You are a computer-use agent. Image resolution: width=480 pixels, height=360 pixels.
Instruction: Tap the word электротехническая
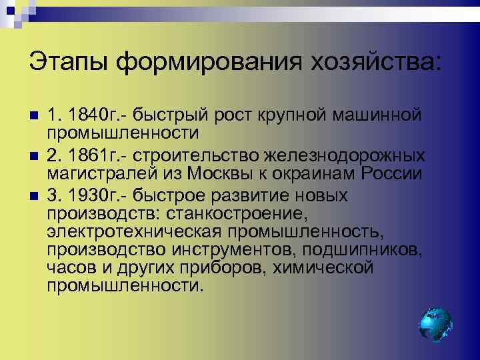[x=137, y=232]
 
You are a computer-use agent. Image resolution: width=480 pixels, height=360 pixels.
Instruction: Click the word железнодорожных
[x=345, y=155]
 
